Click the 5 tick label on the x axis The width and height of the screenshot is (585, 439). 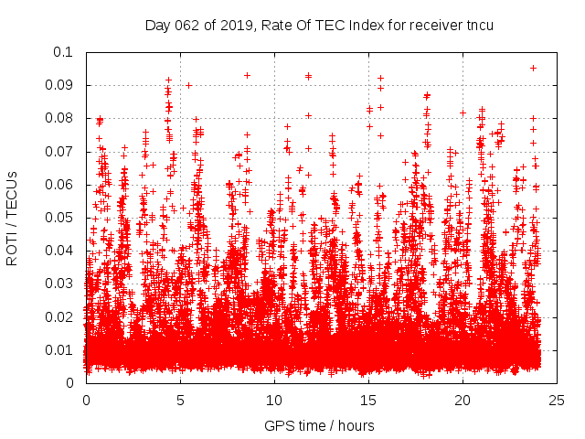[180, 401]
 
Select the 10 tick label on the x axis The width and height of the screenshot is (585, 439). [274, 401]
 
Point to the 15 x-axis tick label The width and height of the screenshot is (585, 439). [368, 401]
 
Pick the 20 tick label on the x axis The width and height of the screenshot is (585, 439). [463, 401]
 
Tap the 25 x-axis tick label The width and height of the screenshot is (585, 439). [557, 401]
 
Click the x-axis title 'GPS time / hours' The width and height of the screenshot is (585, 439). [320, 425]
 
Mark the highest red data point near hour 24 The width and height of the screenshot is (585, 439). [533, 68]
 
